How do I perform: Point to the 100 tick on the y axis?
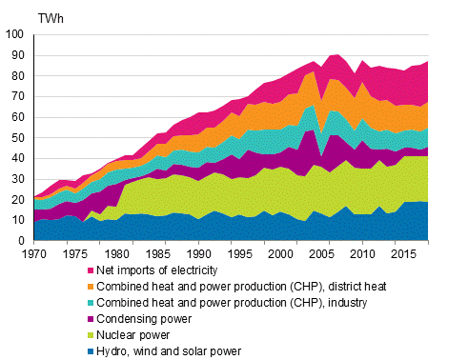click(16, 34)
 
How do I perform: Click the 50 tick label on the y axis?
click(19, 138)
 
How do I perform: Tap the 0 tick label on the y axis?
click(22, 242)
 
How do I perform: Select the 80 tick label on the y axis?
click(19, 76)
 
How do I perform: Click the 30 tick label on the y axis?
click(19, 180)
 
